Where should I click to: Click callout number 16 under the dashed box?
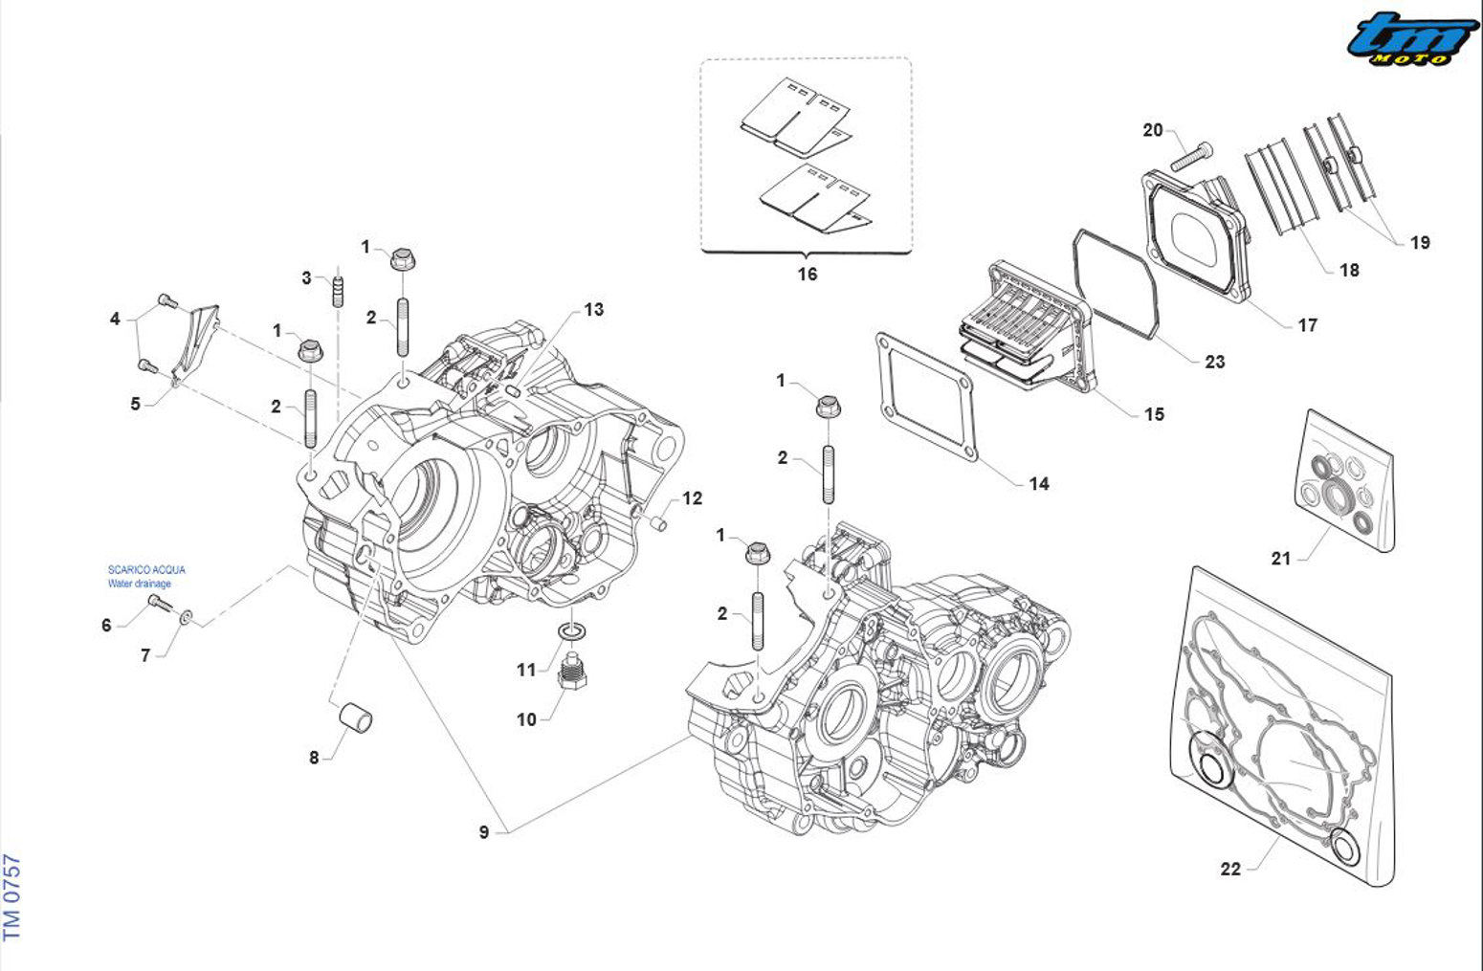[x=808, y=275]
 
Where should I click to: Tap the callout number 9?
[x=484, y=832]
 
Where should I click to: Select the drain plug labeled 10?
[x=571, y=673]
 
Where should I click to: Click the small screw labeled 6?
[x=159, y=604]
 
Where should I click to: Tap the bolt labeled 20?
[x=1190, y=155]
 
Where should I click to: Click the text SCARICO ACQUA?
[x=146, y=569]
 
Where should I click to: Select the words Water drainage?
[x=140, y=584]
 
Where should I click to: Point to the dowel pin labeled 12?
[x=658, y=522]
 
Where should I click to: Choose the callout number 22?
[x=1230, y=869]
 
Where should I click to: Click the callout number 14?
[x=1039, y=484]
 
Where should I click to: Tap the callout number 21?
[x=1281, y=559]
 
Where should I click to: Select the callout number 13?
[x=594, y=309]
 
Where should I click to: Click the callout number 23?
[x=1215, y=362]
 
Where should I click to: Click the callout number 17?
[x=1308, y=325]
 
